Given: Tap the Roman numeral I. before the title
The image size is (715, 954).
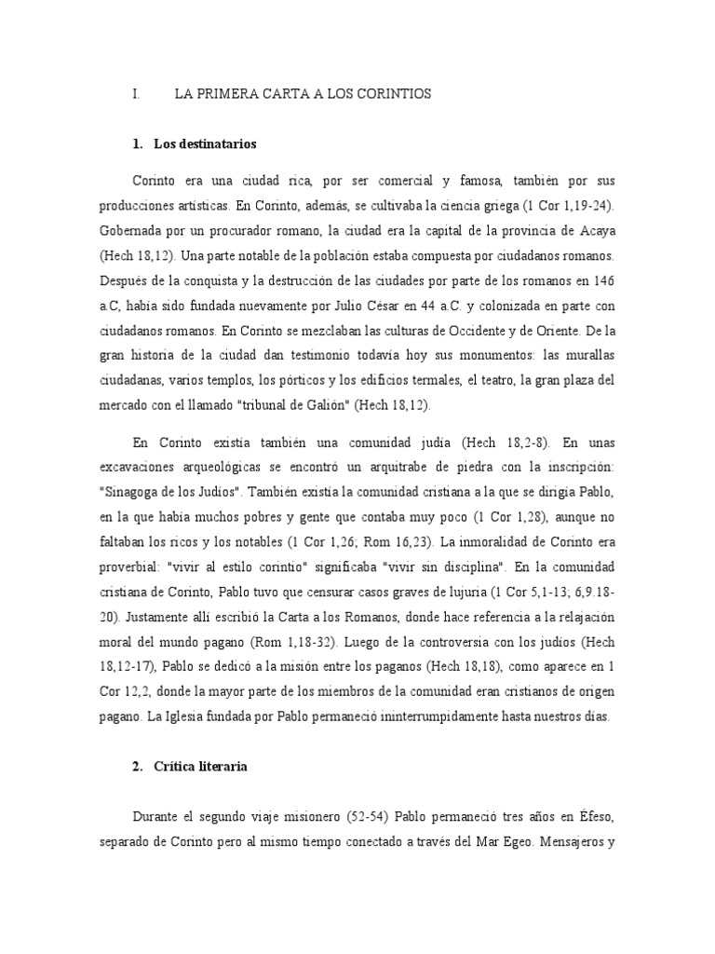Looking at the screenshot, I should coord(136,95).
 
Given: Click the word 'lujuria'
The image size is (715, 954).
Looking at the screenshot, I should coord(452,592).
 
